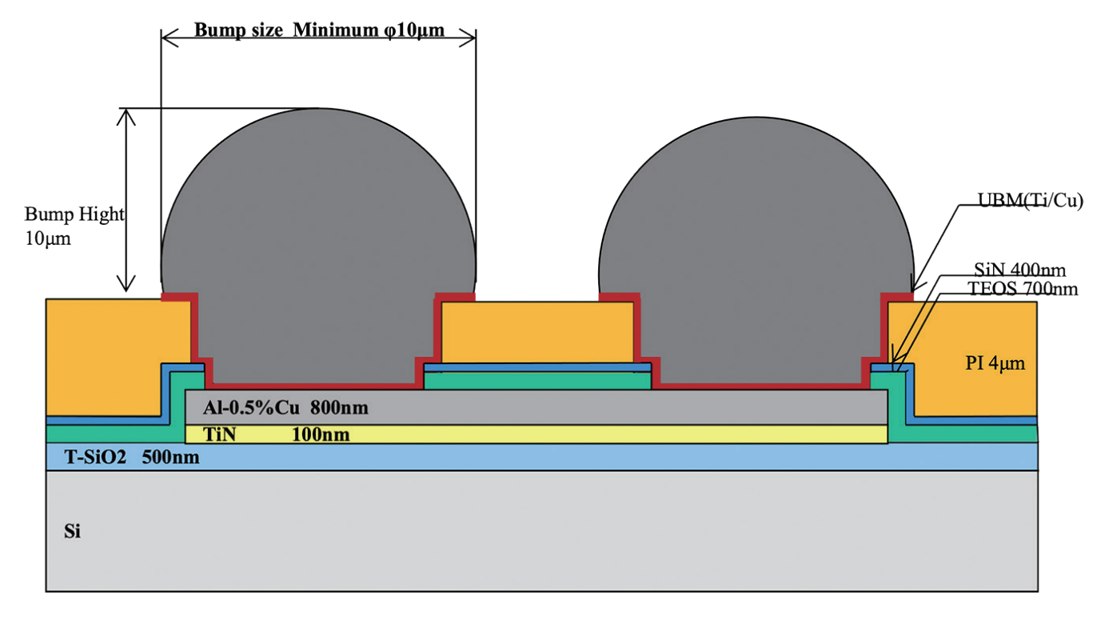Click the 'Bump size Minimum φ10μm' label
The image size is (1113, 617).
318,30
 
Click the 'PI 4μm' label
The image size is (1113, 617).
995,364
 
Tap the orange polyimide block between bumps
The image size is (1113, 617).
537,332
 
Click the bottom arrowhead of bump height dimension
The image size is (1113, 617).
125,286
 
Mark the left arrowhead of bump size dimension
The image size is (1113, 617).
167,37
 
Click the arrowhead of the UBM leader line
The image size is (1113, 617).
915,288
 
